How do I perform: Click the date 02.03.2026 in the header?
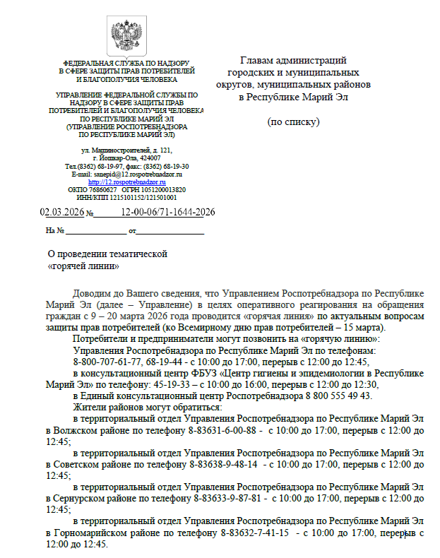pos(62,212)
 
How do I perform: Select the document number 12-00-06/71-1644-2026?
pos(168,212)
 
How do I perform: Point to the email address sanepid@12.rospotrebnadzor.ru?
pos(138,174)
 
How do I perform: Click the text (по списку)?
pos(293,121)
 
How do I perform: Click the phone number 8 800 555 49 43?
pos(339,396)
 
